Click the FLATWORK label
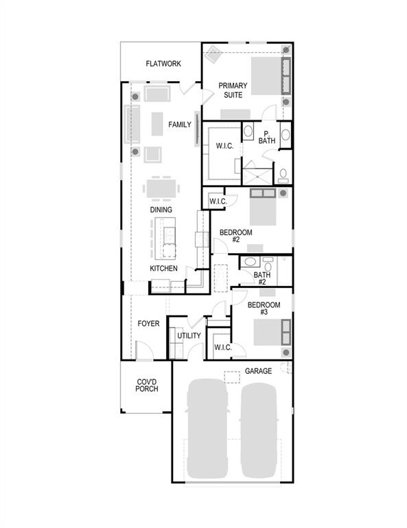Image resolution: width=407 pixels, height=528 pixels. point(163,64)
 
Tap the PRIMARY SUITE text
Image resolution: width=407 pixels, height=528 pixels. point(233,90)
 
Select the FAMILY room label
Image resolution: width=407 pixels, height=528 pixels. point(180,125)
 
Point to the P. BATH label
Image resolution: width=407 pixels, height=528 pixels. point(267,137)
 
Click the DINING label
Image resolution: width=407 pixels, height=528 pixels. point(161,210)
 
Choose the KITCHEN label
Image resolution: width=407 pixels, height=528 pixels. point(164,268)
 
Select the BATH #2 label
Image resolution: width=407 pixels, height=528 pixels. point(262,278)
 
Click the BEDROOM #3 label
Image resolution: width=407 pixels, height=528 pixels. point(264,309)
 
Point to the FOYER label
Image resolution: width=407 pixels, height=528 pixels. point(148,323)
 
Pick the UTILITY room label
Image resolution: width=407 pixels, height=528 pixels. point(189,335)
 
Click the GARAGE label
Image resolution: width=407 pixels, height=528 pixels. point(258,371)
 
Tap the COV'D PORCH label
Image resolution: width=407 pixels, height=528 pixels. point(147,385)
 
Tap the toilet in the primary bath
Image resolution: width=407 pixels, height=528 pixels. point(283,174)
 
